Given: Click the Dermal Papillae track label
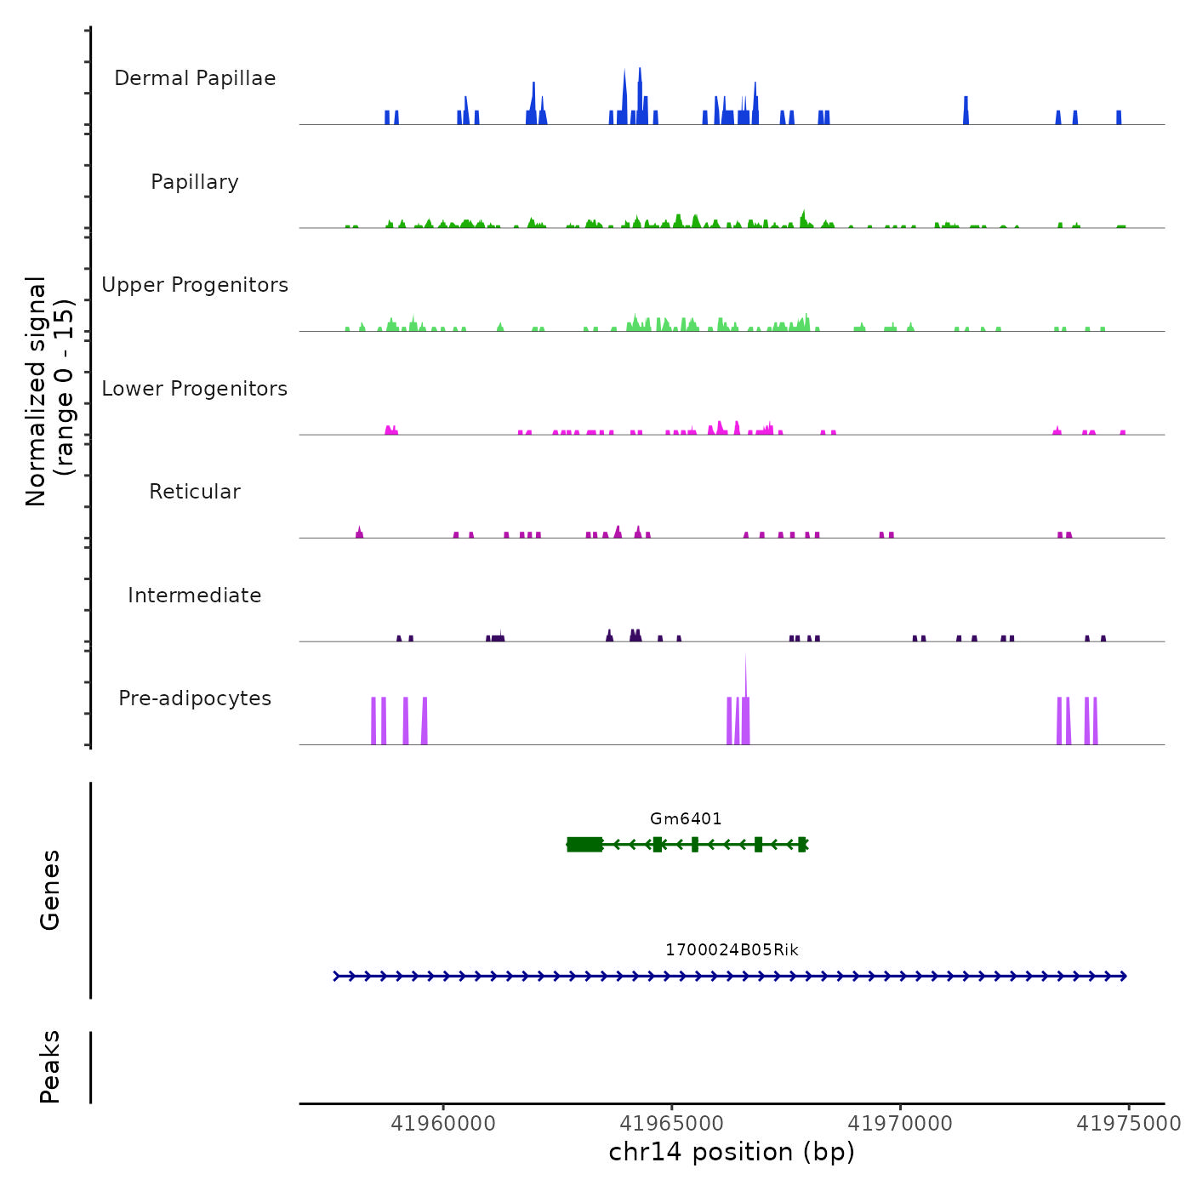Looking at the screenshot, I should pyautogui.click(x=195, y=78).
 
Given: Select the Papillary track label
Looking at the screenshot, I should pyautogui.click(x=195, y=182).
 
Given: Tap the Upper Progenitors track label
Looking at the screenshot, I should pyautogui.click(x=195, y=285).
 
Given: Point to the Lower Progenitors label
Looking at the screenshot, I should pyautogui.click(x=195, y=389).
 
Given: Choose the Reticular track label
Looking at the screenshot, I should pyautogui.click(x=195, y=492).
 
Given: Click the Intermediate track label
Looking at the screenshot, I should pyautogui.click(x=195, y=595).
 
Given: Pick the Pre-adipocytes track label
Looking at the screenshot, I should pyautogui.click(x=195, y=698).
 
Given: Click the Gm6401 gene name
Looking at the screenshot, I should pyautogui.click(x=686, y=819).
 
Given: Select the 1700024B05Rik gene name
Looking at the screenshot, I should pyautogui.click(x=732, y=950).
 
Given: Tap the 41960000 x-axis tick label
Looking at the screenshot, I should pyautogui.click(x=443, y=1124).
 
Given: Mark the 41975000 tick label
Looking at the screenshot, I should pyautogui.click(x=1129, y=1124).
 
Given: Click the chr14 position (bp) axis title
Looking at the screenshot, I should pyautogui.click(x=732, y=1152).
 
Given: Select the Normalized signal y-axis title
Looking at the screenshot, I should pyautogui.click(x=49, y=391).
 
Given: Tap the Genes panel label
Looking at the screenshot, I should pyautogui.click(x=50, y=890).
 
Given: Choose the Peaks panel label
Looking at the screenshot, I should pyautogui.click(x=50, y=1067).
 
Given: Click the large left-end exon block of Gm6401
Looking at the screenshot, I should pyautogui.click(x=584, y=844).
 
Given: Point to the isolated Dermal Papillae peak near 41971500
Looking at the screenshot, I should pyautogui.click(x=966, y=111).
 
